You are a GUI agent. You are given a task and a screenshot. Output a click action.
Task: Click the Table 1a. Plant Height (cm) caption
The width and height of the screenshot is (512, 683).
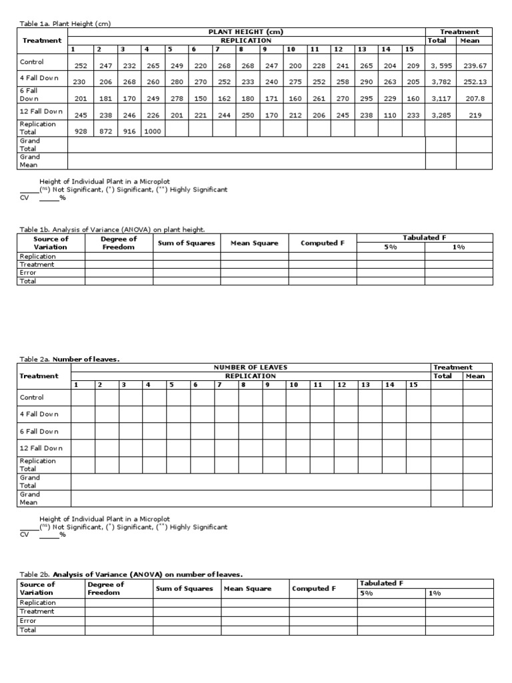pos(65,24)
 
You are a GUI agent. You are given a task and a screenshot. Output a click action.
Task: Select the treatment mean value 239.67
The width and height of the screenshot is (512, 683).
pos(475,66)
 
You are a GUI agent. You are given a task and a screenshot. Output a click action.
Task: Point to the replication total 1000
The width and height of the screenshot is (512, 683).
pos(153,131)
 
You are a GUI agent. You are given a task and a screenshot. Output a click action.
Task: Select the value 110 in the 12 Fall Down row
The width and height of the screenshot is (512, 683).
pos(390,115)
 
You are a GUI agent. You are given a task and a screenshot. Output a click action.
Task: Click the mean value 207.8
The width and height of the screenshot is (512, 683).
pos(475,99)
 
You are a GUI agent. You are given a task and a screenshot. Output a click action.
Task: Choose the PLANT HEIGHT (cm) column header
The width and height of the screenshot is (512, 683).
pos(246,32)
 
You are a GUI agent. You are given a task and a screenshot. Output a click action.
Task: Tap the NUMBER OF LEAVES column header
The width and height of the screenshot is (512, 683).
pos(250,368)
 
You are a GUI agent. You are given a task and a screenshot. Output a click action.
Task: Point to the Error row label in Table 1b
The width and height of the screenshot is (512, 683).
pos(29,273)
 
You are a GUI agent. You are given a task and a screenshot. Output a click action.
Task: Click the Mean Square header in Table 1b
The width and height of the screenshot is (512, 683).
pos(254,243)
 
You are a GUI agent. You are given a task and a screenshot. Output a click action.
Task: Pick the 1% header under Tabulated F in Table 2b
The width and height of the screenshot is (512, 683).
pos(435,593)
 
